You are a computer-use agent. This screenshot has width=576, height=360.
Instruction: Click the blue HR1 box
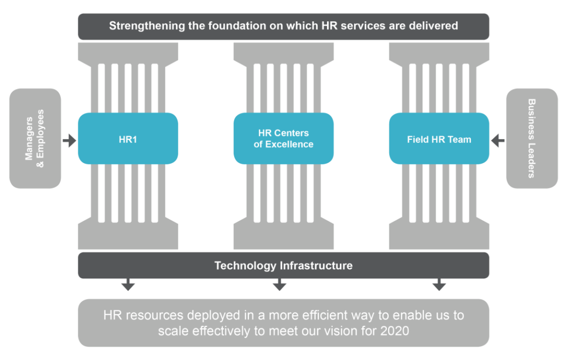pos(127,139)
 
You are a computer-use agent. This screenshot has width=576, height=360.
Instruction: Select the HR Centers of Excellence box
pos(283,139)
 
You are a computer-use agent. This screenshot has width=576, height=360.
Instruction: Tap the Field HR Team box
pos(438,139)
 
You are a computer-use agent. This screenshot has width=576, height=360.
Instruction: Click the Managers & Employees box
pos(35,138)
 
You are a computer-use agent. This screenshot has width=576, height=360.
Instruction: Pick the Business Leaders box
pos(531,138)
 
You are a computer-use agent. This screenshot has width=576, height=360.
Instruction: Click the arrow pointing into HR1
pos(69,141)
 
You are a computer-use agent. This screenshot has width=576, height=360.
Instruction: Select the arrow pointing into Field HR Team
pos(498,141)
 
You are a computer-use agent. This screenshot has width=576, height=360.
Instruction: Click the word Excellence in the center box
pos(290,144)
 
